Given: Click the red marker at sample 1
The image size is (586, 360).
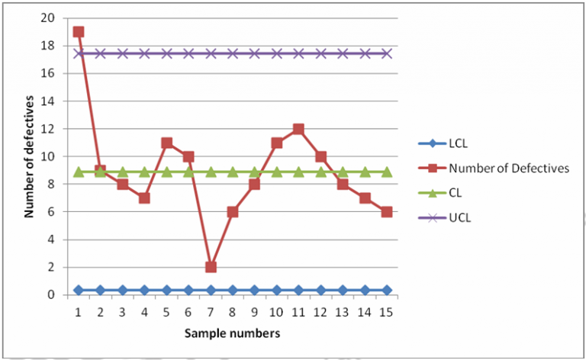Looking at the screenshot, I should [79, 32].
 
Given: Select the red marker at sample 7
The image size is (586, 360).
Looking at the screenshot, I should [211, 267].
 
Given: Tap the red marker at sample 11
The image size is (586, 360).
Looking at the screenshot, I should [299, 129].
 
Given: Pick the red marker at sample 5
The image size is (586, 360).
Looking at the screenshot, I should [166, 143].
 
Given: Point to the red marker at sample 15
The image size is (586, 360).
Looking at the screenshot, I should [387, 212].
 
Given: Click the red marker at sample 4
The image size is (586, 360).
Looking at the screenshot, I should [144, 198].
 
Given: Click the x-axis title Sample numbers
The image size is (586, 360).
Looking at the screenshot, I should [233, 333].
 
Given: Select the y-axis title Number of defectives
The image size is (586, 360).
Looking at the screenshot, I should [29, 156].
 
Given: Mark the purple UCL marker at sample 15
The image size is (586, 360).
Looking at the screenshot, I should [387, 53].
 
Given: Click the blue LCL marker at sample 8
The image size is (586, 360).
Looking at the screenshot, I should [233, 290].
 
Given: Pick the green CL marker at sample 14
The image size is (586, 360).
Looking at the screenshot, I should [365, 172].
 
